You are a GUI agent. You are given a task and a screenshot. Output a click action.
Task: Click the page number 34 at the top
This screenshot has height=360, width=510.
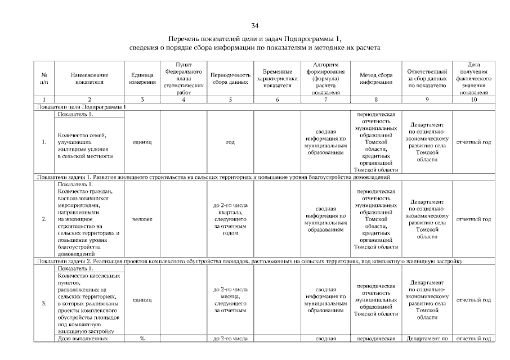(x=255, y=26)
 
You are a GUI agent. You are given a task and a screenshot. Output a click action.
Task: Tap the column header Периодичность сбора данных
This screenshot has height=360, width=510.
(x=230, y=79)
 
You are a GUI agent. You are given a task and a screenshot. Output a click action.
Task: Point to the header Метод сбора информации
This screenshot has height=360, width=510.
(x=375, y=79)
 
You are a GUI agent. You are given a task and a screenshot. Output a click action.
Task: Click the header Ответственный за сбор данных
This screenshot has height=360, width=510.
(x=427, y=79)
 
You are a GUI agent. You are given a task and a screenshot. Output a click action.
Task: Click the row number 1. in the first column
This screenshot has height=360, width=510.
(x=44, y=142)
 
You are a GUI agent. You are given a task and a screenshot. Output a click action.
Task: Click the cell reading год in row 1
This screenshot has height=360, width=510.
(x=230, y=142)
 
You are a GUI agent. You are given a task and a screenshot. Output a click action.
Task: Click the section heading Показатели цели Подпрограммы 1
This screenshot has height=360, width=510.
(x=81, y=106)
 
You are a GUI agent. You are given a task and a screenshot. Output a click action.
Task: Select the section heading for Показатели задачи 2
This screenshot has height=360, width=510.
(x=248, y=261)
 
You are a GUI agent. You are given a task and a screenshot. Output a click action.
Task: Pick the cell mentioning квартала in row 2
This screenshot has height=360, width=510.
(x=230, y=219)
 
